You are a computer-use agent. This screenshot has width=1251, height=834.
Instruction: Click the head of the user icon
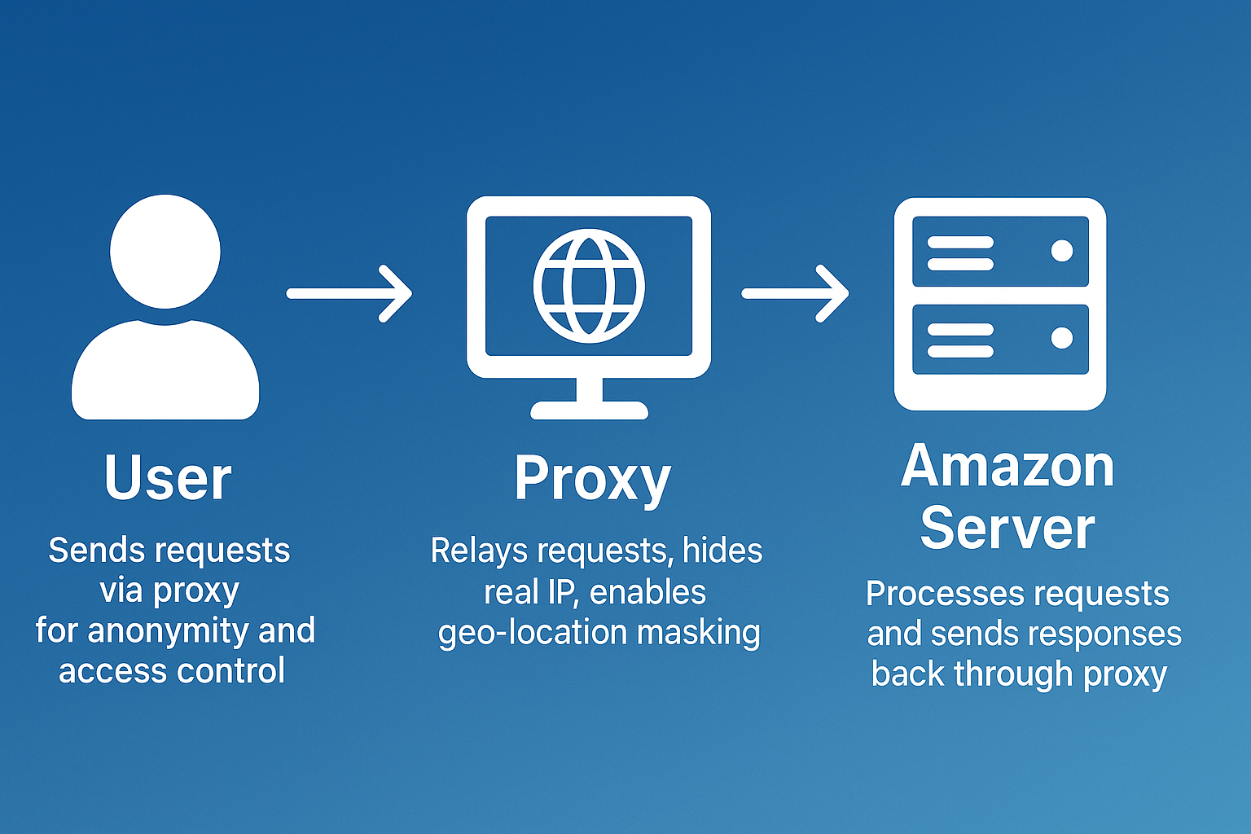165,251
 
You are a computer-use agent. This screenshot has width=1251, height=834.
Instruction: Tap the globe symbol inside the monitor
589,286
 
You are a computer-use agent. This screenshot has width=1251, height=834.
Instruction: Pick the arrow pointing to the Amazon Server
795,293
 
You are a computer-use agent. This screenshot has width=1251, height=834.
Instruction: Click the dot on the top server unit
1061,251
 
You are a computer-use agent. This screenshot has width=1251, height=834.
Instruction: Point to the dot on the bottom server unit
1061,337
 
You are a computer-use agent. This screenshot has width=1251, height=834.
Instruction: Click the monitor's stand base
589,410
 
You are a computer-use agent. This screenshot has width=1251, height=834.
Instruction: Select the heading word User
168,478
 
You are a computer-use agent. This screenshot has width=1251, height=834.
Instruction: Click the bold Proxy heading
592,480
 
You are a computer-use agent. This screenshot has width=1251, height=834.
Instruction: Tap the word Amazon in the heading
1007,467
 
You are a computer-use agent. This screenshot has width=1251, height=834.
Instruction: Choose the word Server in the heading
1007,528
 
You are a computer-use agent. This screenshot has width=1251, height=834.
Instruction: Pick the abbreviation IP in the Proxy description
563,592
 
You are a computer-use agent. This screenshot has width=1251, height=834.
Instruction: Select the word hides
722,551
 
